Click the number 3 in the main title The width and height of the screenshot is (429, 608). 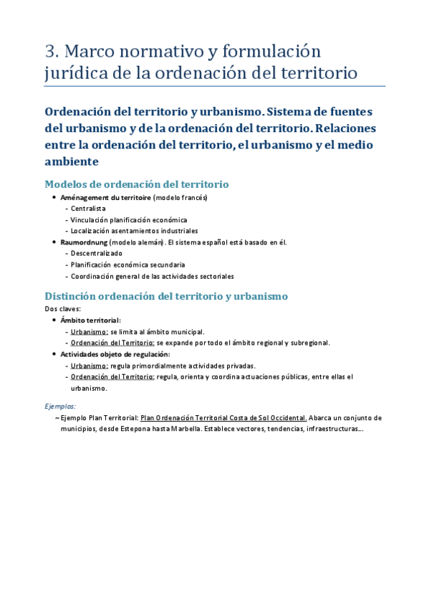click(x=50, y=52)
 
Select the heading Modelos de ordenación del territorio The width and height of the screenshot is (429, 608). click(x=137, y=184)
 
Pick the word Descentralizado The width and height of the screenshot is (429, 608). click(x=97, y=253)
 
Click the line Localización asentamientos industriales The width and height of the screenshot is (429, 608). click(x=134, y=231)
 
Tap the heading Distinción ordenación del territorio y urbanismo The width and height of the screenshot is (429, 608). click(x=166, y=295)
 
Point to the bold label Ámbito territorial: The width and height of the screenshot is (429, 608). click(x=91, y=320)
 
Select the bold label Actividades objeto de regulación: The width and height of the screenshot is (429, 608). click(x=115, y=354)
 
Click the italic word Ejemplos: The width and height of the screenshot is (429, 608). click(x=60, y=406)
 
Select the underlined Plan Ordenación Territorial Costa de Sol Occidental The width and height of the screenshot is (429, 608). click(x=224, y=417)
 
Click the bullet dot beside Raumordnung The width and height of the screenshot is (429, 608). click(x=54, y=242)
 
